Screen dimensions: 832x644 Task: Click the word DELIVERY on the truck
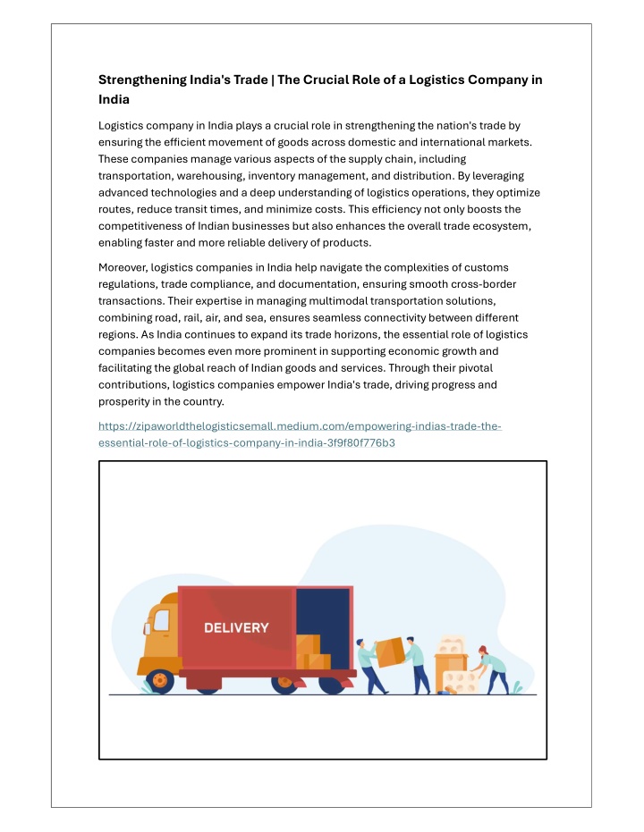click(236, 627)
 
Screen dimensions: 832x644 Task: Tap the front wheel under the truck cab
click(161, 682)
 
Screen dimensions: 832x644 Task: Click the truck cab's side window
click(162, 620)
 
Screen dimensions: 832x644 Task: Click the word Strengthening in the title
click(139, 80)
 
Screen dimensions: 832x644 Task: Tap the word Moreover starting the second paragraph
click(123, 267)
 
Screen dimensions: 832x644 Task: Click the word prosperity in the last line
click(126, 401)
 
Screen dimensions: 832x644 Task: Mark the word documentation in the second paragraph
click(313, 283)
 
